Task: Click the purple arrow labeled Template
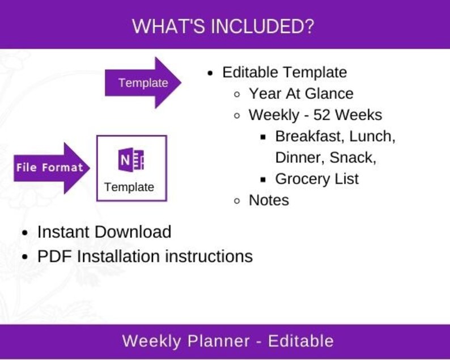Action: pos(143,83)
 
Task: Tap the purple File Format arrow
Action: pos(49,168)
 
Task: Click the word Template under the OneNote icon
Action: pos(129,187)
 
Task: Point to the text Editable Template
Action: pos(284,73)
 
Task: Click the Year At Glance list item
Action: pos(301,94)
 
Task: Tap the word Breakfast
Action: pos(309,136)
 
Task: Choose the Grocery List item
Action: pos(317,179)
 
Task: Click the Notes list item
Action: pos(269,200)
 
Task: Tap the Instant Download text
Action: pos(104,232)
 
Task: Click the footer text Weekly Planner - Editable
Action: pos(228,341)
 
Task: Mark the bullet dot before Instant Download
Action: pos(24,233)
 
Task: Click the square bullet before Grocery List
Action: pos(264,180)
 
